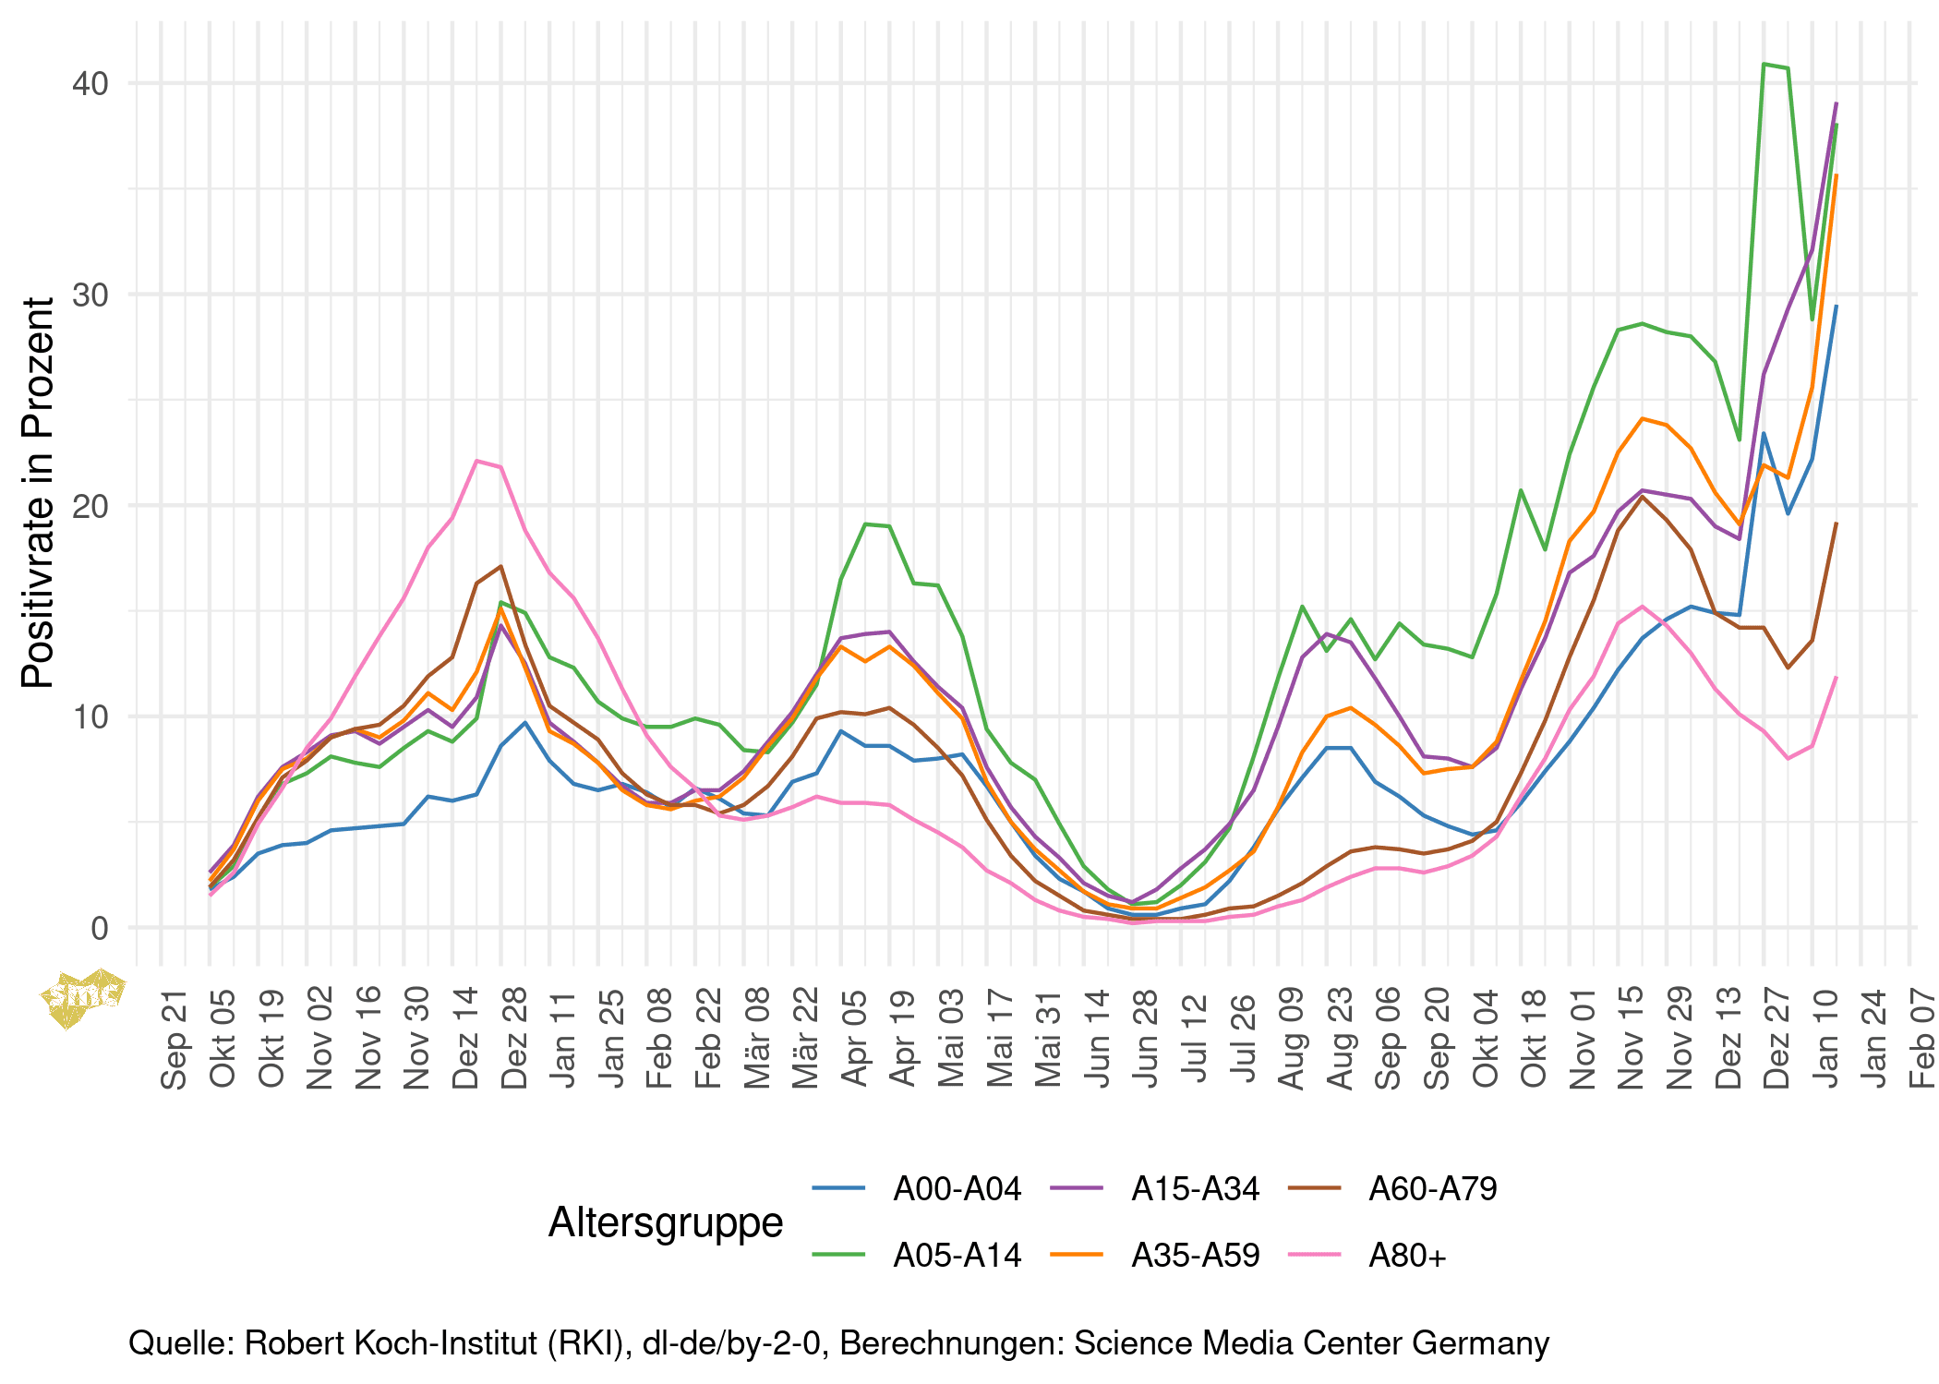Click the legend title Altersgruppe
pos(666,1222)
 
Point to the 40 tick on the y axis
pos(90,83)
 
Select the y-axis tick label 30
pos(90,295)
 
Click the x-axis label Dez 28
pos(513,1038)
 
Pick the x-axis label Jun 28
pos(1145,1038)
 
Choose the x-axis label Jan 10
pos(1826,1038)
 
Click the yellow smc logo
pos(82,996)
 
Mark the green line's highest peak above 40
pos(1764,64)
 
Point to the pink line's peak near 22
pos(476,461)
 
